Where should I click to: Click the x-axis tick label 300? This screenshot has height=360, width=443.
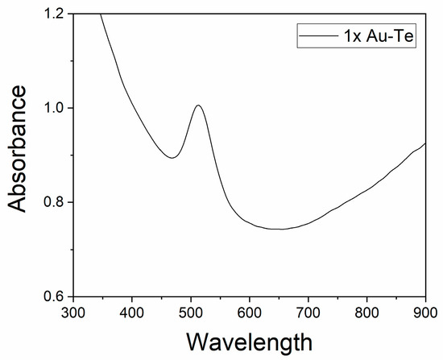coord(72,311)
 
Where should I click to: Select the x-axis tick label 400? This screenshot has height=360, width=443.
coord(131,311)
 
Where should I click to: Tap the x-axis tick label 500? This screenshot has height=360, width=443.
coord(190,311)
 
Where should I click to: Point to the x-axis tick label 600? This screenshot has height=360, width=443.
coord(249,311)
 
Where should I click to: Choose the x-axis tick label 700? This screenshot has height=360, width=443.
coord(308,311)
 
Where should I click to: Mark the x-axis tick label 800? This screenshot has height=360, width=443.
coord(366,311)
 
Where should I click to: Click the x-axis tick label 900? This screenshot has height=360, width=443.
coord(424,311)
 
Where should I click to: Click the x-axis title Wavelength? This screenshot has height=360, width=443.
coord(249,341)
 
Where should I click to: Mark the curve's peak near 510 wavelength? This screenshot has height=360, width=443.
coord(197,106)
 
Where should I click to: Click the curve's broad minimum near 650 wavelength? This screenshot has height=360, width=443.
coord(278,230)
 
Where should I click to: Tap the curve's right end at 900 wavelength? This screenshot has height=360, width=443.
coord(424,143)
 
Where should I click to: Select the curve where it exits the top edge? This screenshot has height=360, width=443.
coord(101,14)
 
